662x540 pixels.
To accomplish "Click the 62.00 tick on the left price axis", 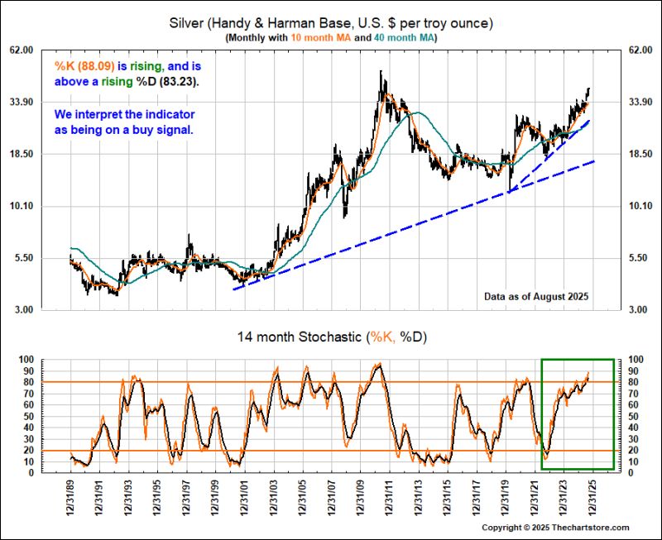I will [x=42, y=50].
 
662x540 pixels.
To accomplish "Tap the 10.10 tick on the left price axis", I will [x=42, y=206].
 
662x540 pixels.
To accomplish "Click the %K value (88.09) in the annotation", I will [x=91, y=66].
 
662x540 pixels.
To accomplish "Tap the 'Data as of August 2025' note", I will [x=536, y=295].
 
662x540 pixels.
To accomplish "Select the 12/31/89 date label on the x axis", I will [x=70, y=494].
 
